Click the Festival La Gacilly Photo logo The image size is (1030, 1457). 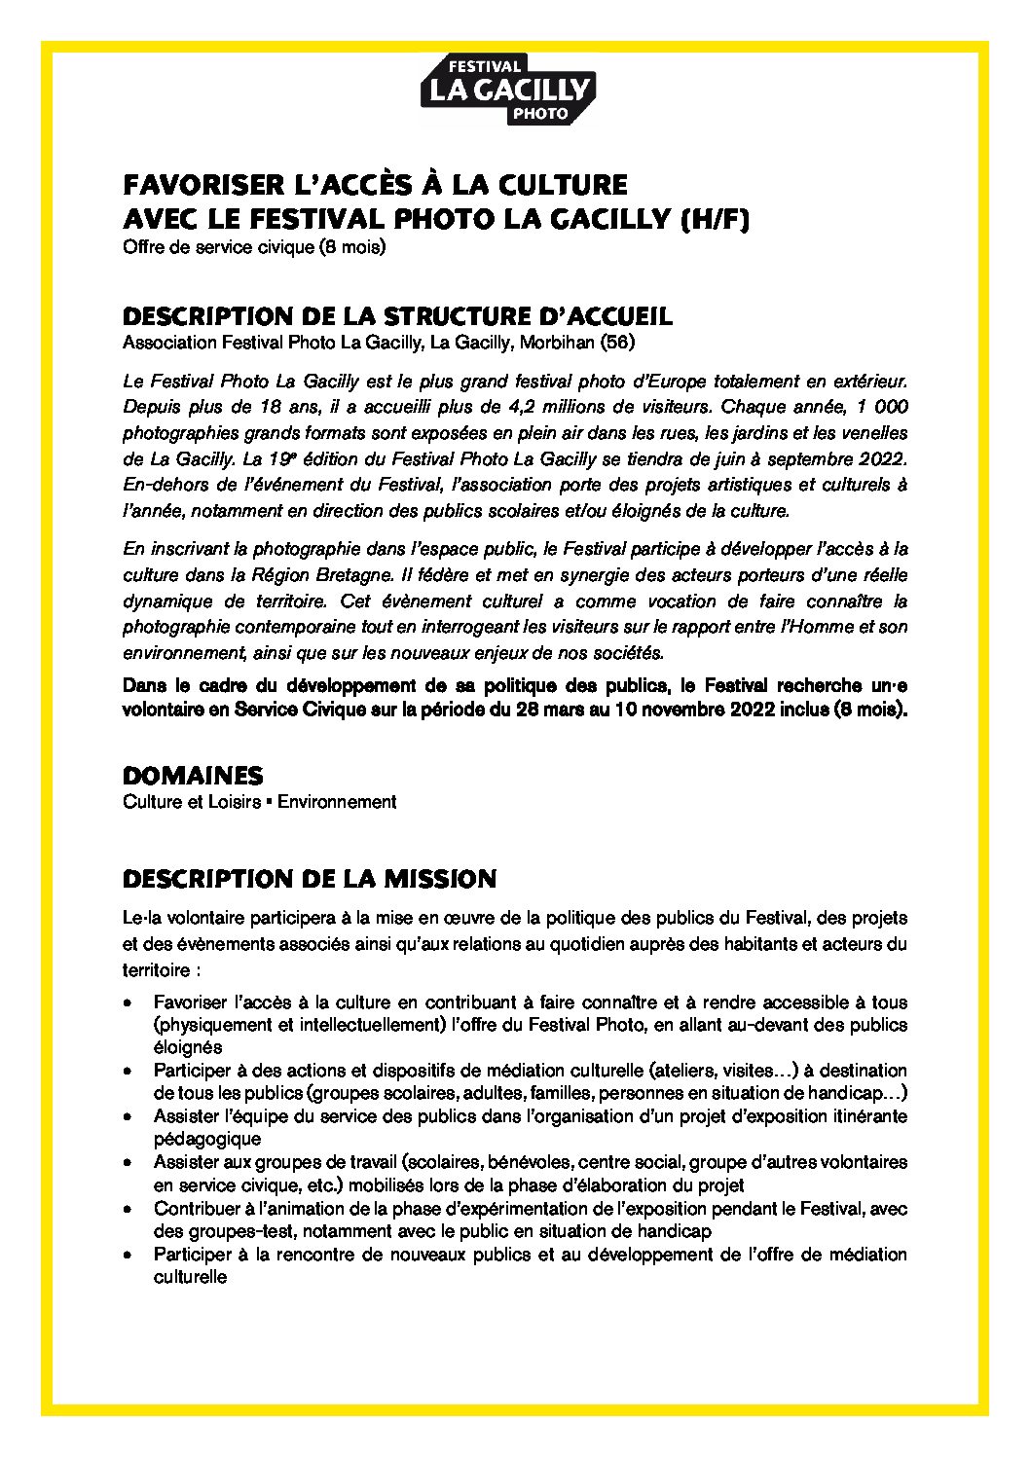click(506, 91)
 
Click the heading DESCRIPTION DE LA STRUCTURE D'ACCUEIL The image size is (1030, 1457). click(396, 317)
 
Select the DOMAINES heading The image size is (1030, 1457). click(193, 776)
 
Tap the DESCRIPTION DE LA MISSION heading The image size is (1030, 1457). click(310, 879)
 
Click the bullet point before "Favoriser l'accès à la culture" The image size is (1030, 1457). click(129, 1002)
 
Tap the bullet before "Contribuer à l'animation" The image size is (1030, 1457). click(129, 1209)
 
